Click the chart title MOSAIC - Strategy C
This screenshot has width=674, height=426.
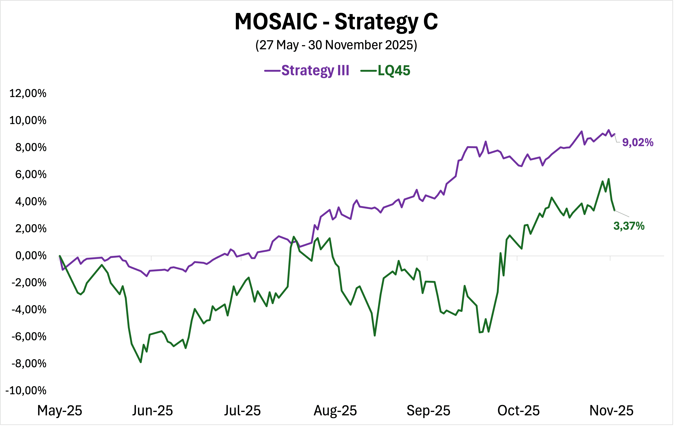click(x=336, y=22)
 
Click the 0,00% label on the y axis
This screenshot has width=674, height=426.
click(x=31, y=256)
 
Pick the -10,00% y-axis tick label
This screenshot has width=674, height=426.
click(x=26, y=390)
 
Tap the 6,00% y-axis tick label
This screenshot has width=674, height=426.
click(x=31, y=174)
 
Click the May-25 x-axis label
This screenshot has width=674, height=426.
click(x=60, y=411)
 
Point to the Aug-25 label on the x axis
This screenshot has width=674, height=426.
click(x=335, y=411)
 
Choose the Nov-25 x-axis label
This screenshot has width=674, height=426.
click(x=611, y=411)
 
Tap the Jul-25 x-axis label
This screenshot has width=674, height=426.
click(x=242, y=411)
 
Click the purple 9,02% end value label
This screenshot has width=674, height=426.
click(x=638, y=142)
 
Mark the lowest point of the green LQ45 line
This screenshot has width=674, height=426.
click(x=141, y=362)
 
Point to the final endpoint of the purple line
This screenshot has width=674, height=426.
click(x=615, y=134)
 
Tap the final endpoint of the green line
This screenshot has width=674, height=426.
click(x=615, y=211)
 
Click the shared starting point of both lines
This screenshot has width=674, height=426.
click(x=60, y=256)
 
